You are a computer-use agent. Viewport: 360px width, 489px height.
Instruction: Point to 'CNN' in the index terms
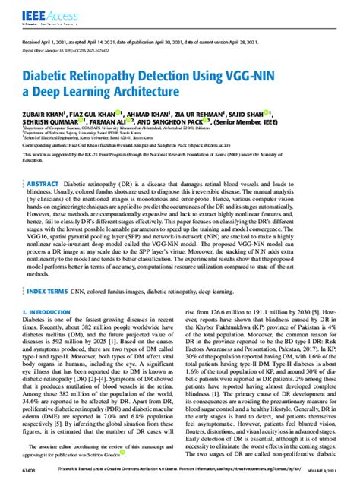point(99,292)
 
